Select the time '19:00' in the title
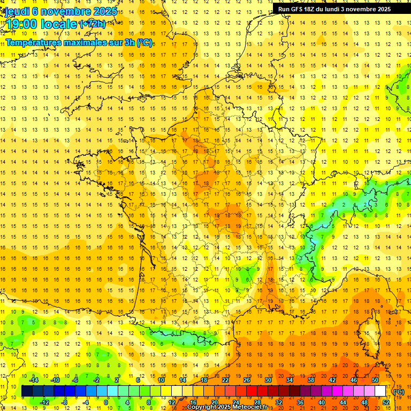21,25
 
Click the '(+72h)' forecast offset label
92,24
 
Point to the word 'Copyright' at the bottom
202,407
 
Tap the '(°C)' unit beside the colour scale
398,392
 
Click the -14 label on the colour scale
33,380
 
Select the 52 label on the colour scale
386,402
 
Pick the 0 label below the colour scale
106,402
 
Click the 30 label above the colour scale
268,380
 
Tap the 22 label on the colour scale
225,380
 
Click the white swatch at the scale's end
380,391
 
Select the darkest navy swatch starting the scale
27,391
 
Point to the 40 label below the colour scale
321,402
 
